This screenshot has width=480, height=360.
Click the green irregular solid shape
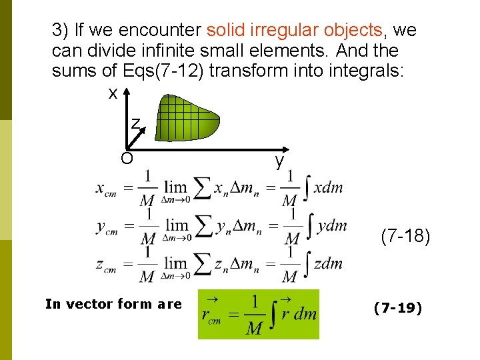click(x=186, y=116)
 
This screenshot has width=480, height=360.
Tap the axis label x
click(x=113, y=93)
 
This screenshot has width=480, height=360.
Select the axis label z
click(x=135, y=124)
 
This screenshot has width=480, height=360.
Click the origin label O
click(x=126, y=158)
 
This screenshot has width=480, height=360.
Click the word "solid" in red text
click(x=227, y=30)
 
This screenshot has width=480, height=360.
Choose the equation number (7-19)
click(x=398, y=308)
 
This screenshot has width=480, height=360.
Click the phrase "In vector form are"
click(x=113, y=304)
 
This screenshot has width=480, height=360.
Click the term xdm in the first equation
click(x=328, y=187)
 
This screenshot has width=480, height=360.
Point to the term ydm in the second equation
click(x=332, y=225)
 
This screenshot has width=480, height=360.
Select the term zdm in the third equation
click(x=328, y=263)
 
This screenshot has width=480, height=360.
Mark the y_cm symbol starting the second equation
click(x=107, y=228)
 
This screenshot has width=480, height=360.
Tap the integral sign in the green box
click(x=271, y=313)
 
